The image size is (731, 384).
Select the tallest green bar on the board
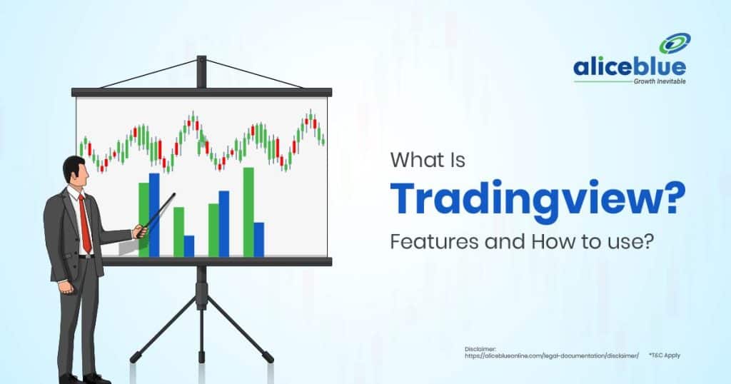tap(248, 211)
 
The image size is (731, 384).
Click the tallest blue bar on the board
tap(153, 213)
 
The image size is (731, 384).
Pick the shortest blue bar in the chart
tap(188, 246)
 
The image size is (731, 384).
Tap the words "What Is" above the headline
tap(427, 161)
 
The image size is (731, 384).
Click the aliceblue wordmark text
tap(629, 69)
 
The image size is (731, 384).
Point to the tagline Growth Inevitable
tap(658, 82)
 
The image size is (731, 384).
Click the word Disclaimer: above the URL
tap(478, 348)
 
